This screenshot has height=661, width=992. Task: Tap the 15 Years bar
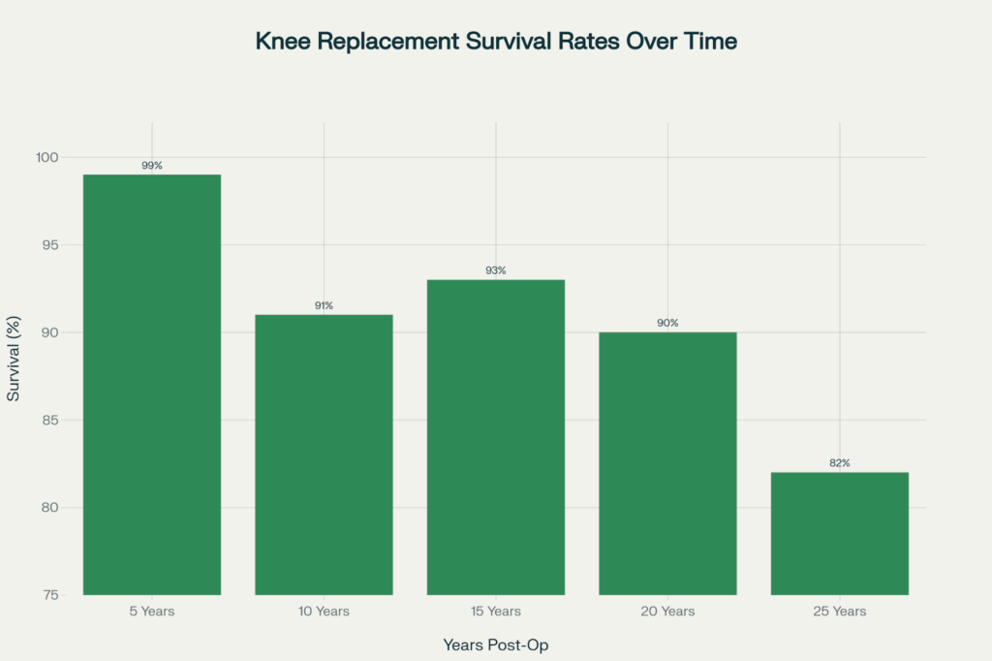point(496,436)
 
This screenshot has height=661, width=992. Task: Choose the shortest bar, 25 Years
point(839,533)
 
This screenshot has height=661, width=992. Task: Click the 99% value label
point(152,166)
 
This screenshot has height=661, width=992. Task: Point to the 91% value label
point(324,306)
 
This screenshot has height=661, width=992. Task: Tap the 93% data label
point(496,271)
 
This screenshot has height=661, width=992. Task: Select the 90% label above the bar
point(667,324)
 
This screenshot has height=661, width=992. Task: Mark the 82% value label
point(839,463)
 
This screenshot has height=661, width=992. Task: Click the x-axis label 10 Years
point(324,612)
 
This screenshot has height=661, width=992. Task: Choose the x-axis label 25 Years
point(839,612)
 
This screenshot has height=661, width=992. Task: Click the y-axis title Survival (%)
point(15,360)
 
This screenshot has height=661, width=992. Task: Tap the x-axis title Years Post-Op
point(496,645)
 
